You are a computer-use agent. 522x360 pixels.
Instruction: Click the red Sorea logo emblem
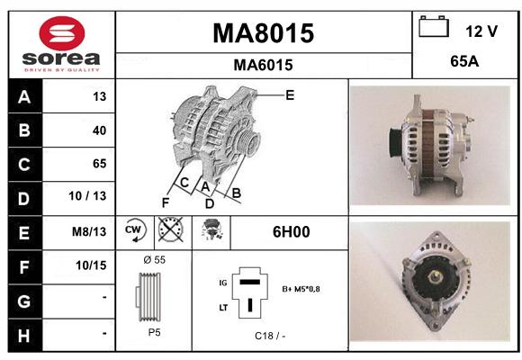point(62,33)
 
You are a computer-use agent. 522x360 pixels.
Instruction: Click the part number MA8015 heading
point(264,33)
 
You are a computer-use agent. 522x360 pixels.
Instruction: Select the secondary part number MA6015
point(264,65)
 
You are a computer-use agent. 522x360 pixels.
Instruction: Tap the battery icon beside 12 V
point(434,26)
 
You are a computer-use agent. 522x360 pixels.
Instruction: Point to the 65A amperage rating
point(464,61)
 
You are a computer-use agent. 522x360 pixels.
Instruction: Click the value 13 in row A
point(100,96)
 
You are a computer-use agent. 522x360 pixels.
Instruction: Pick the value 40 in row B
point(100,130)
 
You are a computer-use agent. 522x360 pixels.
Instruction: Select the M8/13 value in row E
point(89,231)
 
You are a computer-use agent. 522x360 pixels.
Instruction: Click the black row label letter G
point(24,301)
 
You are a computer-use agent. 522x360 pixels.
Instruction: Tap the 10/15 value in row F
point(91,265)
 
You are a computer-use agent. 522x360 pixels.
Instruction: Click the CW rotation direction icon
point(135,230)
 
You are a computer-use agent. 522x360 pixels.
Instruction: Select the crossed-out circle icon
point(171,229)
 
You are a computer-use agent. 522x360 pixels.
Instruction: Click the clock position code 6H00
point(292,232)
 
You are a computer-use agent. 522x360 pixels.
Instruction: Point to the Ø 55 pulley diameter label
point(155,260)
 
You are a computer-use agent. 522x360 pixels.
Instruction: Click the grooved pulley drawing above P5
point(148,297)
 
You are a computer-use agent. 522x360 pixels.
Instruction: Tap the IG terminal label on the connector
point(223,283)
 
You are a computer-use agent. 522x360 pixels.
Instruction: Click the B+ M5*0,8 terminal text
point(301,289)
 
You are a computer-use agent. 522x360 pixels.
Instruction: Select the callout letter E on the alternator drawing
point(290,95)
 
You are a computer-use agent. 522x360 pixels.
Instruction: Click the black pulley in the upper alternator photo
point(395,142)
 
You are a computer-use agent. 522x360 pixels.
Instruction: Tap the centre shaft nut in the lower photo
point(434,277)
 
